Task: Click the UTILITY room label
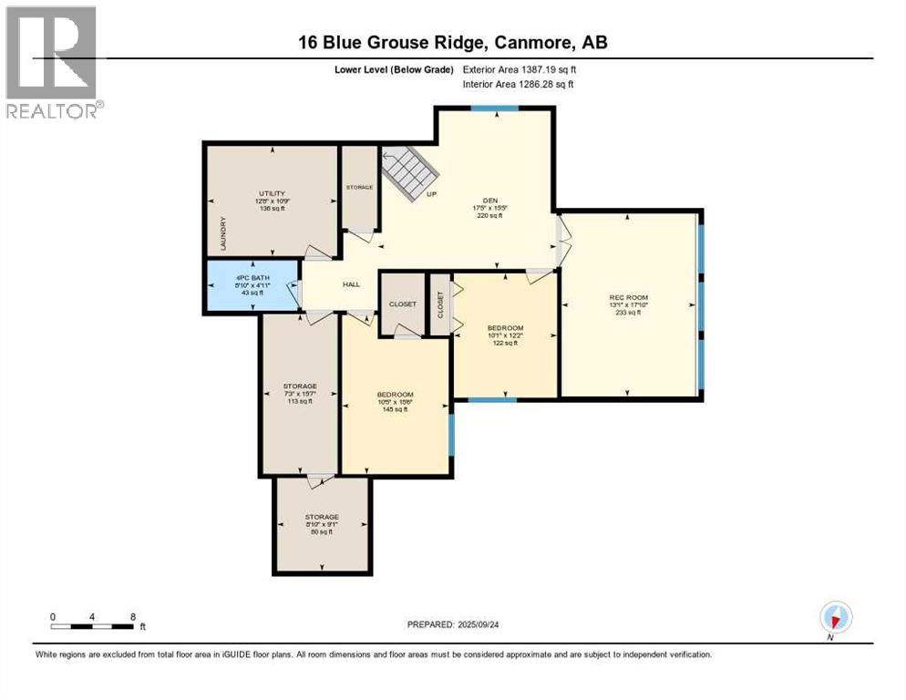[272, 193]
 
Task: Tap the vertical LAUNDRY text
[222, 233]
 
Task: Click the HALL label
[352, 284]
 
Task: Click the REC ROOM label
[628, 297]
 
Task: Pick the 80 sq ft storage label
[322, 517]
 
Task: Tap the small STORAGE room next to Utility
[359, 187]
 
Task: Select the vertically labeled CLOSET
[440, 304]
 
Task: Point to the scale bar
[94, 626]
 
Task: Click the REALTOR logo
[52, 62]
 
